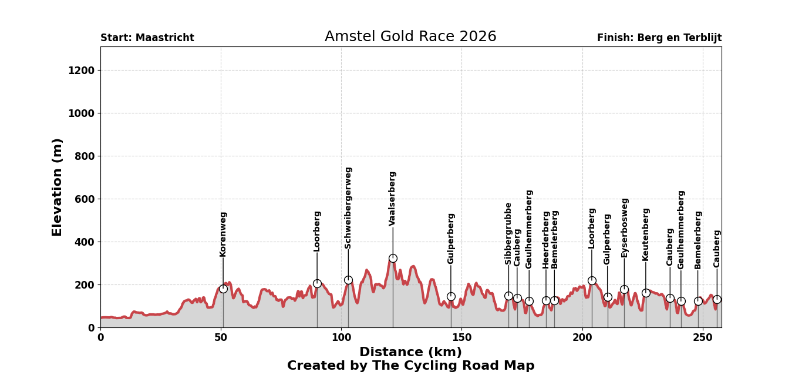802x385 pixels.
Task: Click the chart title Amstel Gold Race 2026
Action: tap(410, 37)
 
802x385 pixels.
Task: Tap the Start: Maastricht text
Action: tap(147, 38)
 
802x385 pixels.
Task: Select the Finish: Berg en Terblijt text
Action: tap(659, 38)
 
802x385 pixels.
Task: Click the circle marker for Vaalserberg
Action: tap(393, 258)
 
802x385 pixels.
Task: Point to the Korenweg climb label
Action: tap(223, 234)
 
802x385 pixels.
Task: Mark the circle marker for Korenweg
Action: tap(223, 289)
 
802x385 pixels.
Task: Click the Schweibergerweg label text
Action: tap(348, 207)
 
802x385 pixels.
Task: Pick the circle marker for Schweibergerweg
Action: tap(348, 280)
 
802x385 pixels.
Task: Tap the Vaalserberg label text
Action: tap(393, 199)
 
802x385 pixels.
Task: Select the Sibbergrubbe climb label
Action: tap(508, 233)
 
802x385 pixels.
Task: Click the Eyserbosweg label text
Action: tap(625, 227)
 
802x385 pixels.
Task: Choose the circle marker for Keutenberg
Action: tap(646, 293)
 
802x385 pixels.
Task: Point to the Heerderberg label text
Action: tap(546, 240)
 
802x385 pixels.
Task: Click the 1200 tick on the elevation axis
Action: tap(82, 71)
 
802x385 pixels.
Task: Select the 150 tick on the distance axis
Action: tap(461, 338)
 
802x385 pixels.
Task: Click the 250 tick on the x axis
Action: tap(702, 338)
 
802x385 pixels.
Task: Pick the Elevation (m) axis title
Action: tap(58, 187)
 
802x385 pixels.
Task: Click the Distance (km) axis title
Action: tap(410, 352)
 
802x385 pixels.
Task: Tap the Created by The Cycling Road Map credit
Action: tap(410, 366)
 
